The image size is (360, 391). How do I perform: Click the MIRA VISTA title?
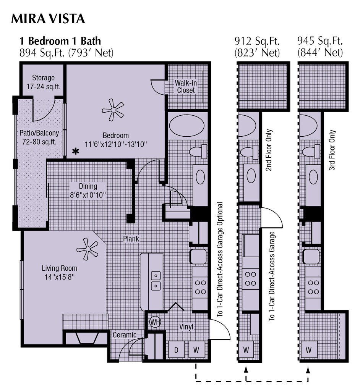point(48,18)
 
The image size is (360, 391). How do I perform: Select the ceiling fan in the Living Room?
point(88,249)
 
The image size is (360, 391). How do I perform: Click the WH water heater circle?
point(155,322)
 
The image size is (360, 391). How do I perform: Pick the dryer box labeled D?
point(177,349)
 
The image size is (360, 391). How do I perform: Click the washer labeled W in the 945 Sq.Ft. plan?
point(308,349)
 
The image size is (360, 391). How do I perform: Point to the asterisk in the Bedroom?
point(76,152)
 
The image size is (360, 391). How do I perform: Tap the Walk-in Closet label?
point(185,87)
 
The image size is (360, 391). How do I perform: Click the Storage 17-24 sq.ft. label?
point(43,82)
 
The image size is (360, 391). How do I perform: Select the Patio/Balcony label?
point(39,137)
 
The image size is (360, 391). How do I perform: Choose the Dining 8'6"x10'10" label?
point(88,190)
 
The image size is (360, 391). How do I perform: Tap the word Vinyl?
point(186,327)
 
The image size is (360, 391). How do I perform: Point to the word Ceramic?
point(124,335)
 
